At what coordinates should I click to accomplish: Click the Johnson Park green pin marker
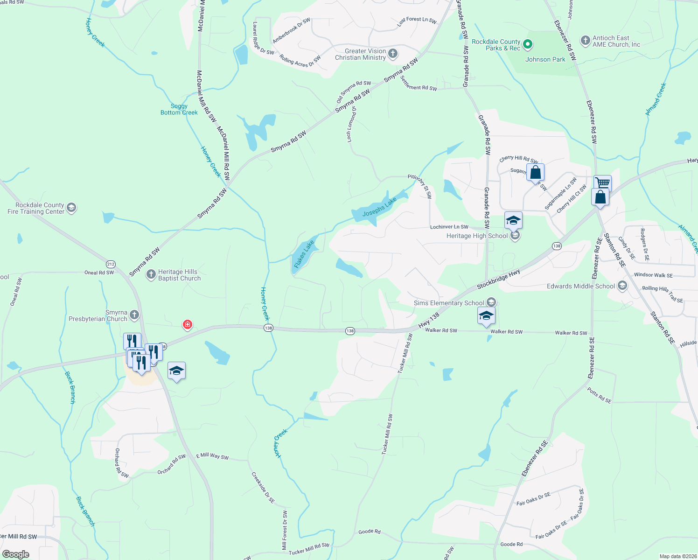(x=528, y=45)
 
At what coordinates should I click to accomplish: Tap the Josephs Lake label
(x=379, y=207)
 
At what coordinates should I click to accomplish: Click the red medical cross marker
(x=188, y=324)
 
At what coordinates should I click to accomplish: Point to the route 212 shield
(x=111, y=264)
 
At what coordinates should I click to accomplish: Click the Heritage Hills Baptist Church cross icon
(x=151, y=274)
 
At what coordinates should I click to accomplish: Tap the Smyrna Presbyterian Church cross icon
(x=134, y=315)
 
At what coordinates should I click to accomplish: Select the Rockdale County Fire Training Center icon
(x=71, y=208)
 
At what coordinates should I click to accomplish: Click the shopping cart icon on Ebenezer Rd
(x=602, y=182)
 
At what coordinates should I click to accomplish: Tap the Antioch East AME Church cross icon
(x=585, y=41)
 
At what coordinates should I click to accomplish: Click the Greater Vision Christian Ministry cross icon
(x=393, y=54)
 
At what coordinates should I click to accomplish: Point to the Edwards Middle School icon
(x=622, y=286)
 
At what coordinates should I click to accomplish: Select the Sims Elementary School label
(x=449, y=303)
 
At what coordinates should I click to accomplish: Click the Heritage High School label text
(x=477, y=236)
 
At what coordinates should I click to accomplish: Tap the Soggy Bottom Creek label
(x=179, y=109)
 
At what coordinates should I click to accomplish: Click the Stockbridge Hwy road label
(x=498, y=279)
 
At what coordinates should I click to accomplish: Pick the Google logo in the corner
(x=16, y=554)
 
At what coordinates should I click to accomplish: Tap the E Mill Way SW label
(x=212, y=456)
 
